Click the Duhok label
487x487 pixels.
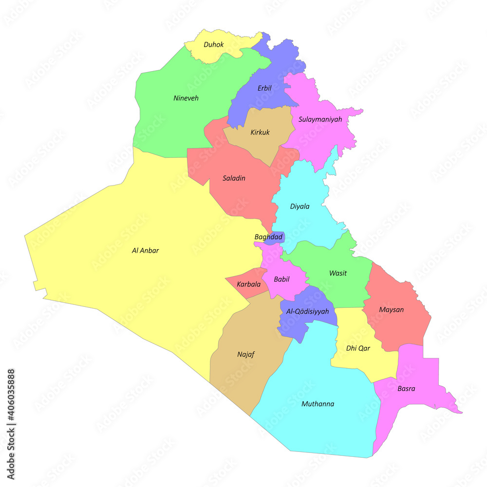click(x=214, y=45)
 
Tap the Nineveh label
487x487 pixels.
click(x=186, y=98)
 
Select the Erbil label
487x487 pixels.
click(x=264, y=88)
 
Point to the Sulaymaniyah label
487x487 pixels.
click(x=320, y=119)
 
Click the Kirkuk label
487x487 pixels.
click(x=260, y=132)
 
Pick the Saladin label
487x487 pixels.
click(x=234, y=178)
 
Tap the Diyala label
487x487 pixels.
click(x=300, y=206)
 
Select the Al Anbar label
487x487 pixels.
click(x=145, y=251)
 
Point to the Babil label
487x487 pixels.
click(x=281, y=280)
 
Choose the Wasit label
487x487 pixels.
click(x=338, y=273)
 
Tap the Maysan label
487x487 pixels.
click(x=392, y=310)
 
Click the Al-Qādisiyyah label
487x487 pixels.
click(x=307, y=311)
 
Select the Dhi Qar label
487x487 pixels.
click(x=358, y=348)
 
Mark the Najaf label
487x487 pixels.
click(x=246, y=355)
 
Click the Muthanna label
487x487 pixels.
click(x=318, y=404)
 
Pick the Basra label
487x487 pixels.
click(x=406, y=389)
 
